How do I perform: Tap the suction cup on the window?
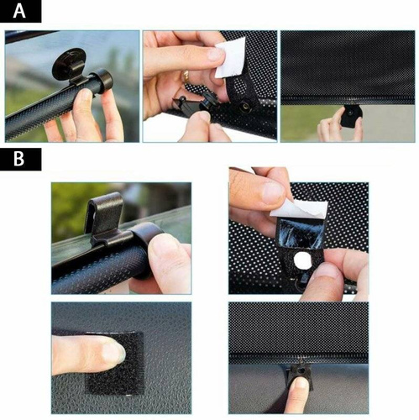tap(66, 61)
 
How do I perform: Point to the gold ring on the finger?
tap(186, 77)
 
